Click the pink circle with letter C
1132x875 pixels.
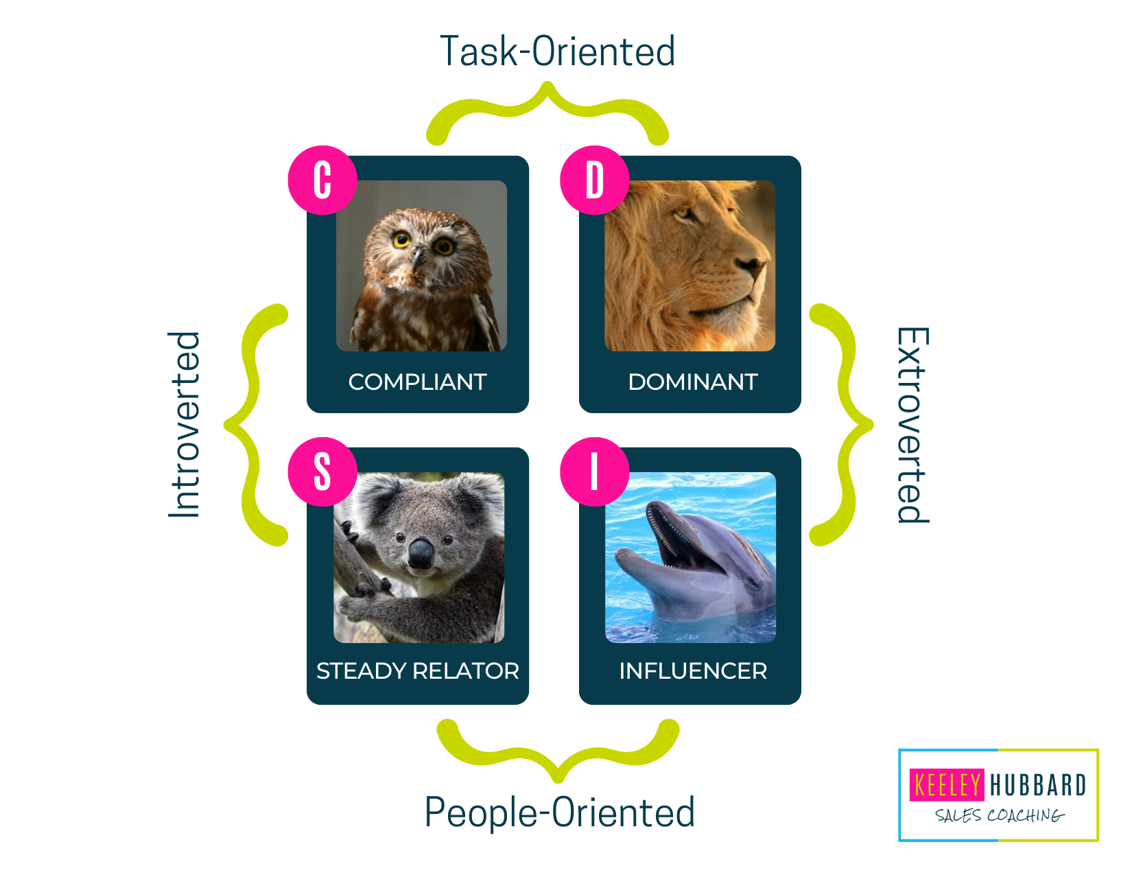coord(322,180)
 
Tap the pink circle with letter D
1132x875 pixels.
coord(594,180)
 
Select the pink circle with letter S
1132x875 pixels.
coord(322,471)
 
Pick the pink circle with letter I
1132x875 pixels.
coord(594,471)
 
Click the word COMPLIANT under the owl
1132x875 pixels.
coord(417,382)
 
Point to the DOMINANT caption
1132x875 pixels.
coord(693,382)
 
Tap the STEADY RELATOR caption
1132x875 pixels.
coord(417,670)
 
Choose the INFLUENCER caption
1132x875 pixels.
coord(693,670)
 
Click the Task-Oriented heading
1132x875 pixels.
coord(557,51)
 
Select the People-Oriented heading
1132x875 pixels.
coord(560,812)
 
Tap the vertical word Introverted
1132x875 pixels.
coord(184,425)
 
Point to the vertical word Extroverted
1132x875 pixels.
coord(912,425)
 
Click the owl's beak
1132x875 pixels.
coord(417,259)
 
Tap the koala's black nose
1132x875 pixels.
coord(421,554)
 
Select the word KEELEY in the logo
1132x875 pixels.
coord(947,784)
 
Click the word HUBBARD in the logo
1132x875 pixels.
coord(1038,785)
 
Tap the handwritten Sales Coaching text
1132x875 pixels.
coord(999,815)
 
